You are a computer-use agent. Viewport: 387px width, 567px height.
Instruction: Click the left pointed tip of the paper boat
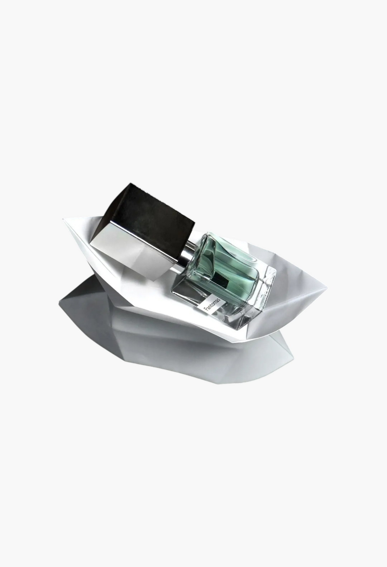click(63, 220)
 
